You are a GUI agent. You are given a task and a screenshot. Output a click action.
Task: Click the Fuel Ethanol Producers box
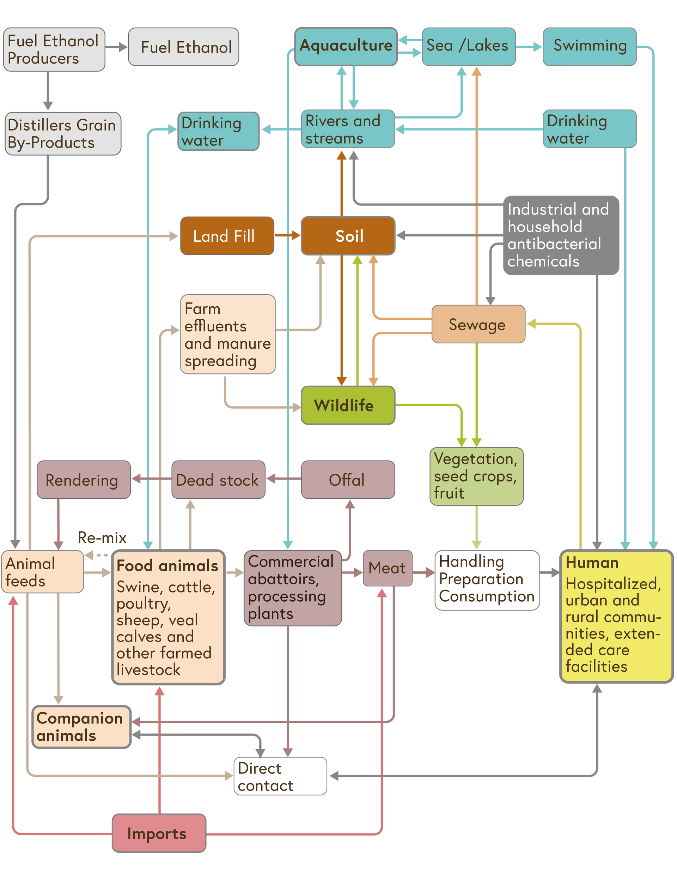[54, 49]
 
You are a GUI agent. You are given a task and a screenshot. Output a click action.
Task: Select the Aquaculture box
[346, 46]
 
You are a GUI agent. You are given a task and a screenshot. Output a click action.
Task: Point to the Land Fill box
[227, 236]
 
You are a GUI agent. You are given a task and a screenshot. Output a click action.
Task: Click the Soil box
[348, 236]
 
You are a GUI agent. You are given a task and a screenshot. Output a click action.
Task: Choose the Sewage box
[478, 324]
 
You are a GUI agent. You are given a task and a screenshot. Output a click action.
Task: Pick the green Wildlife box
[348, 405]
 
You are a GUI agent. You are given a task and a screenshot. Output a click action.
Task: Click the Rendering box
[84, 480]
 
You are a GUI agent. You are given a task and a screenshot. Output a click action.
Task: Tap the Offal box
[348, 480]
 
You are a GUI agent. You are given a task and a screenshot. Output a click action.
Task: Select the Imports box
[159, 833]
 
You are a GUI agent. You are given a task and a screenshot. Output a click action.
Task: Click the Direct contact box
[280, 776]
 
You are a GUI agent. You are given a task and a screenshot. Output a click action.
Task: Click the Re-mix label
[102, 537]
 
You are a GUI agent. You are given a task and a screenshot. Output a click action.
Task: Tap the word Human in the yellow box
[592, 563]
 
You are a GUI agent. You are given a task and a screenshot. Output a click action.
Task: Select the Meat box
[387, 568]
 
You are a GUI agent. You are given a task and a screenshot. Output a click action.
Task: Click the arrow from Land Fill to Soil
[287, 236]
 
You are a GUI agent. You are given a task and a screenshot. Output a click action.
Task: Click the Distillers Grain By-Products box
[62, 134]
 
